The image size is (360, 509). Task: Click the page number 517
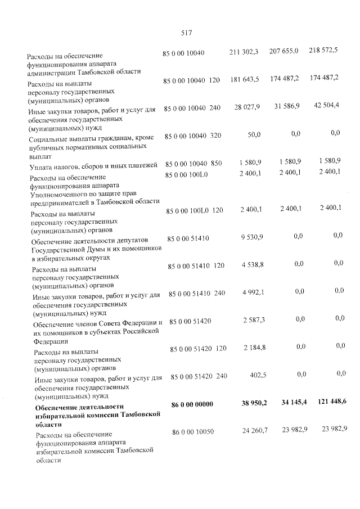tap(187, 33)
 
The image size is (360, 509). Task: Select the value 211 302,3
tap(244, 52)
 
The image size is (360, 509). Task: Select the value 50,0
tap(254, 135)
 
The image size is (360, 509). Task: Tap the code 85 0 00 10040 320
tap(192, 136)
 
